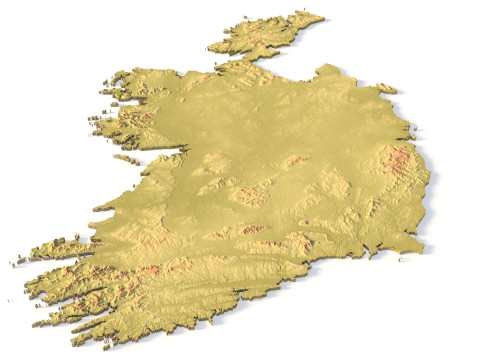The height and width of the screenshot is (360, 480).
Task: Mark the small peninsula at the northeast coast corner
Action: click(386, 88)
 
